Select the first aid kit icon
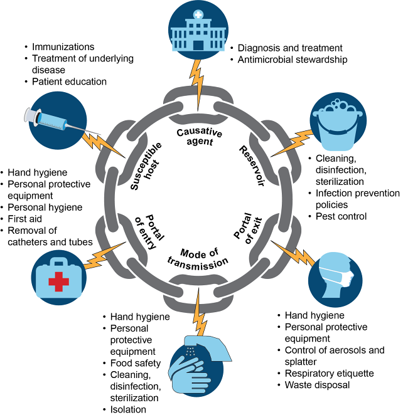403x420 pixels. coord(58,276)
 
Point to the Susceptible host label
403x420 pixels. coord(146,166)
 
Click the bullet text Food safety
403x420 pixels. coord(136,363)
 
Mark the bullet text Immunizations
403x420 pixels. coord(63,47)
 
